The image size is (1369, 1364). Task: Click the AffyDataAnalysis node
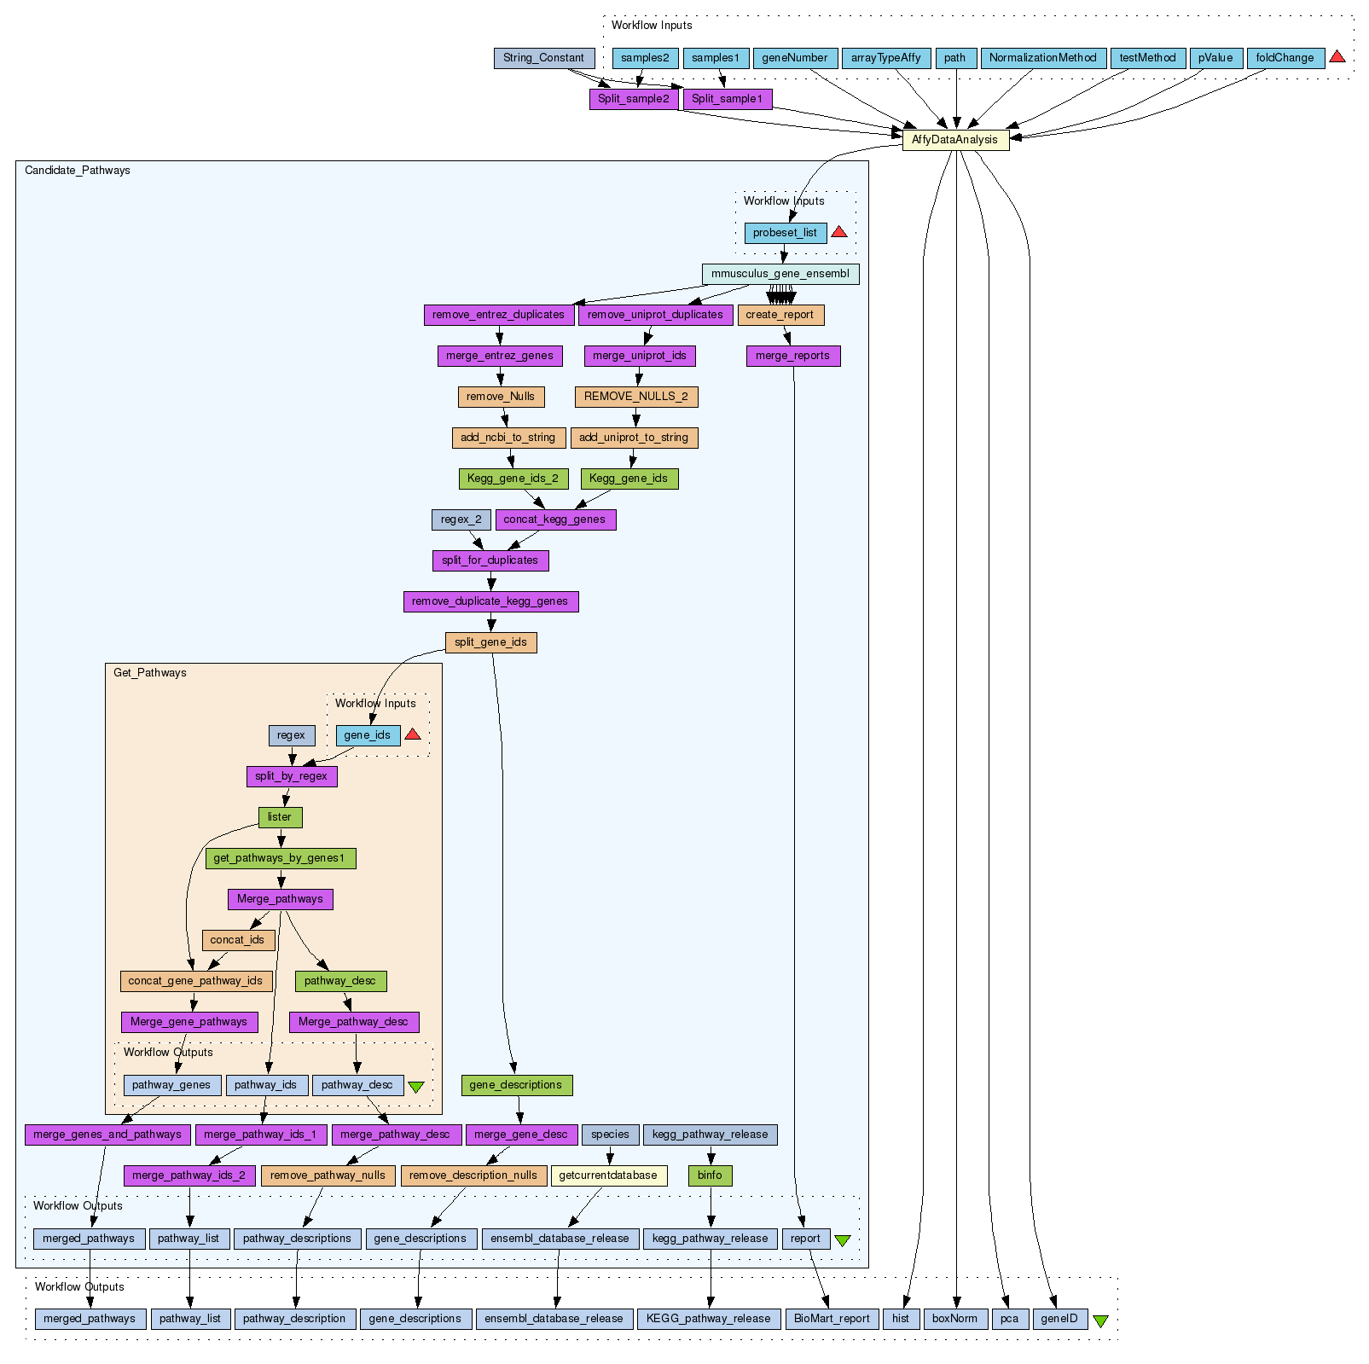point(955,140)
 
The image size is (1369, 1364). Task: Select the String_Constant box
point(543,58)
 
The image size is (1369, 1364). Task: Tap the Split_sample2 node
point(634,99)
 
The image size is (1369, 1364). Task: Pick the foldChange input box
point(1285,58)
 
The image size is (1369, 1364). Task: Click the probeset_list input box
point(785,233)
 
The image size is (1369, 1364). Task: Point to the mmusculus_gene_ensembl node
point(780,274)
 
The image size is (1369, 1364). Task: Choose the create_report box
point(780,315)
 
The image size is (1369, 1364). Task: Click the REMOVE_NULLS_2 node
point(636,397)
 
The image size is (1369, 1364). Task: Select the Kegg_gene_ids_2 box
point(513,479)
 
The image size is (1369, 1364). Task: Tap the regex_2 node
point(461,519)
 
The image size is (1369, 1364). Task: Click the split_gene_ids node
point(490,642)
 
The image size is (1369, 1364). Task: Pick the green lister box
point(280,817)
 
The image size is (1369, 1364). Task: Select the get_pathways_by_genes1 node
point(280,858)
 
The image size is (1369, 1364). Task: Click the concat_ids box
point(238,940)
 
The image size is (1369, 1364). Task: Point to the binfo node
point(710,1175)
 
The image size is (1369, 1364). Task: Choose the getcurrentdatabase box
point(608,1175)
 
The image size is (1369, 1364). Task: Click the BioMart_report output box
point(832,1319)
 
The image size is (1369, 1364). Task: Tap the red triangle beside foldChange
point(1337,57)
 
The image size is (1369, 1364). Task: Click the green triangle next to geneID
point(1100,1320)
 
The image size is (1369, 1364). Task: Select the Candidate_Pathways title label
point(78,171)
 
